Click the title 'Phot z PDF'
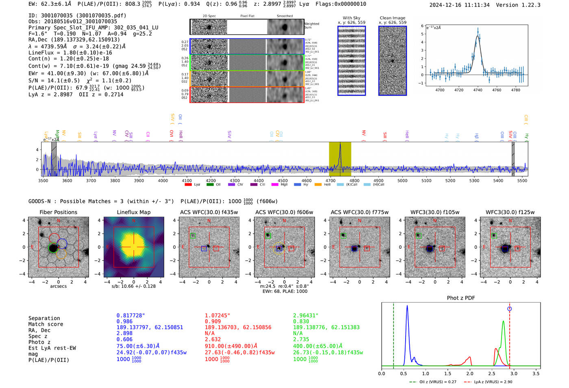(460, 298)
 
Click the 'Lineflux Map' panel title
(133, 212)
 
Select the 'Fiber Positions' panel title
(58, 212)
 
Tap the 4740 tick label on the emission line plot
(478, 90)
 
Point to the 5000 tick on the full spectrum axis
(402, 180)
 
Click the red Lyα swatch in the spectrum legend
(188, 185)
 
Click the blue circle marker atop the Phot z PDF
(509, 309)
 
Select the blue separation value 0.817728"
(130, 316)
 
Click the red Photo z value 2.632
(213, 339)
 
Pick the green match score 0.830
(301, 322)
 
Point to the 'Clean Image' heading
(392, 18)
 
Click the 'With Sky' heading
(351, 18)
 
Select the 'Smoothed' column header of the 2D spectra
(284, 16)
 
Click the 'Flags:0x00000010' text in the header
(341, 4)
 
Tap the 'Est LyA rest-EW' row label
(52, 348)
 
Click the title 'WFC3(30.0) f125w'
(510, 212)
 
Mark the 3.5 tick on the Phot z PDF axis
(536, 373)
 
